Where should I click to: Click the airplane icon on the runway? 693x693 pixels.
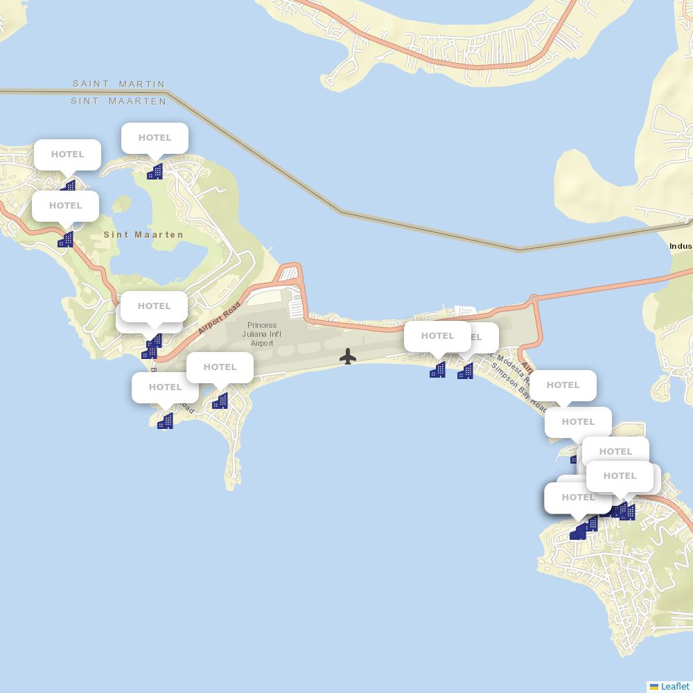[348, 356]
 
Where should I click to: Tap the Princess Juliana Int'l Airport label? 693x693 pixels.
[262, 334]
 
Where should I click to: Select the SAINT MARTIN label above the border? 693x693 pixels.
[119, 84]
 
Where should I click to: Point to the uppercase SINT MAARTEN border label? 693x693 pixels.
[119, 101]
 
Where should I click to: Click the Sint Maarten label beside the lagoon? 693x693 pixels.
[143, 235]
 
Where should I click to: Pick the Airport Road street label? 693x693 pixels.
[220, 317]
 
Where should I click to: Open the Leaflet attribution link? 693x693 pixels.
[675, 686]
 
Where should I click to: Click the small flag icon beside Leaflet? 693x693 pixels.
[654, 686]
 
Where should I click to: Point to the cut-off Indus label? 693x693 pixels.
[681, 246]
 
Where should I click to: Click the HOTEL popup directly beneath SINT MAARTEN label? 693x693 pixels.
[155, 138]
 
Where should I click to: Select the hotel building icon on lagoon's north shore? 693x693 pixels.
[155, 171]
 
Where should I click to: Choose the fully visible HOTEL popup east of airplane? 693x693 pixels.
[437, 336]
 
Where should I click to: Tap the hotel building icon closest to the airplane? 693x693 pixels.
[437, 370]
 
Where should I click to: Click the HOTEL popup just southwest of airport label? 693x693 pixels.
[220, 367]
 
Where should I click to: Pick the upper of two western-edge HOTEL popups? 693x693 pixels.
[67, 155]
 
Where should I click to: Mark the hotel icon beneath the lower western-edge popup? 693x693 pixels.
[65, 240]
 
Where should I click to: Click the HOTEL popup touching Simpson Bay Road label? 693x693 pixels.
[563, 385]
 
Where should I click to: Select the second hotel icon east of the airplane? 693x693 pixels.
[465, 371]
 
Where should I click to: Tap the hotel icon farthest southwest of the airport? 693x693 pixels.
[165, 421]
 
